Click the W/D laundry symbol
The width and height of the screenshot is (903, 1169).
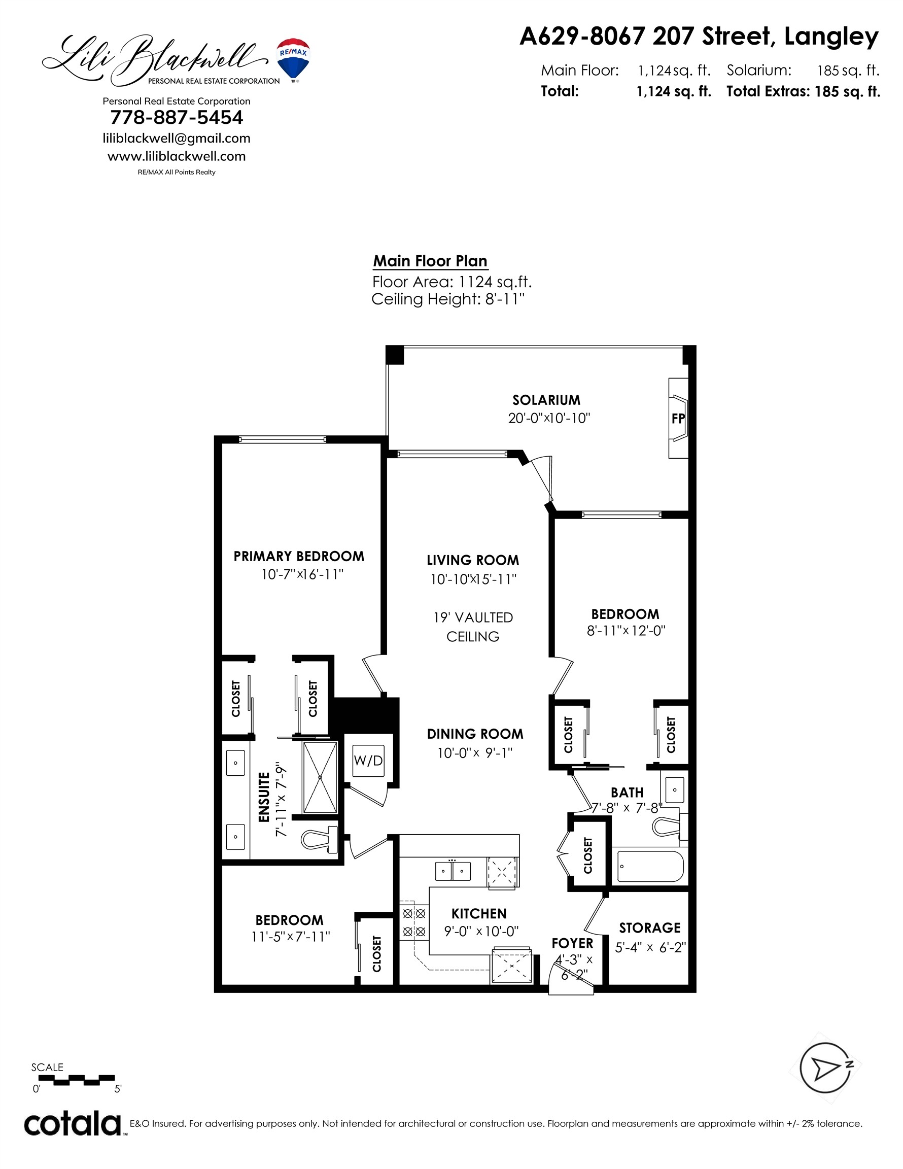pyautogui.click(x=368, y=760)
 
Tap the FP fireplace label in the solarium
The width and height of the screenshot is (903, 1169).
pyautogui.click(x=678, y=419)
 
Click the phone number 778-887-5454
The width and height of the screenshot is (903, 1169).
pyautogui.click(x=177, y=117)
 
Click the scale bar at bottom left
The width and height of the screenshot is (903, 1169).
pyautogui.click(x=74, y=1080)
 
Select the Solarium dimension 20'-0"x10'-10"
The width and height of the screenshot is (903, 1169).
pyautogui.click(x=549, y=418)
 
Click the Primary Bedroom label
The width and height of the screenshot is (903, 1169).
pyautogui.click(x=299, y=556)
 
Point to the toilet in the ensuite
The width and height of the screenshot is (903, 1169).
pyautogui.click(x=320, y=839)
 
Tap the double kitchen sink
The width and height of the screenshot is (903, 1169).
pyautogui.click(x=453, y=871)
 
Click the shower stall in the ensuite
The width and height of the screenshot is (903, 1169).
pyautogui.click(x=320, y=777)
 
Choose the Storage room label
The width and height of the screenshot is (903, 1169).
pyautogui.click(x=650, y=927)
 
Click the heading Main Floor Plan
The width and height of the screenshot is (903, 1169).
pyautogui.click(x=430, y=261)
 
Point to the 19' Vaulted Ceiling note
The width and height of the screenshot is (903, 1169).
pyautogui.click(x=473, y=627)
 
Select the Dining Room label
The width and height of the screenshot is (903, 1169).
pyautogui.click(x=475, y=734)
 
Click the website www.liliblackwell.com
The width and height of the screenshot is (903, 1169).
pyautogui.click(x=177, y=156)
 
